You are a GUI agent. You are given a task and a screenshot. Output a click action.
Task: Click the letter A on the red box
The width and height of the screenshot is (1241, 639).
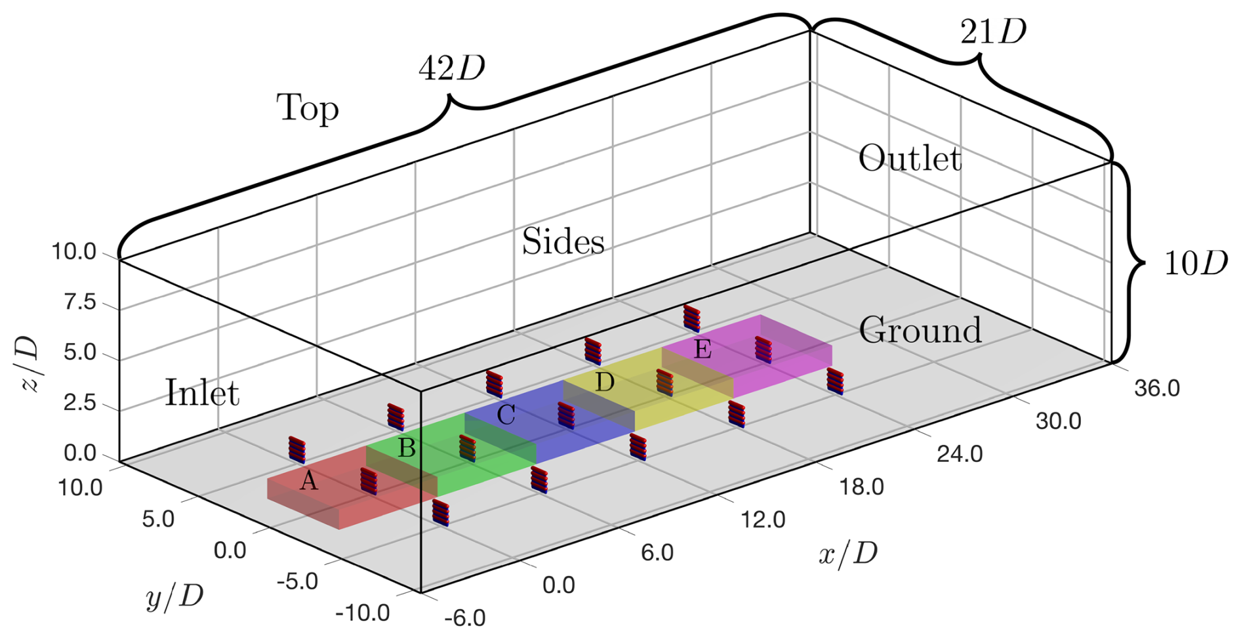point(308,482)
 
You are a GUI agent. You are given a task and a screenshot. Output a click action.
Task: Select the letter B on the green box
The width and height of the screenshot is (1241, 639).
point(407,448)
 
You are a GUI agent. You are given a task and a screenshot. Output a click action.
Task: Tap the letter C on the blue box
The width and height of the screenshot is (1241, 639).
point(506,415)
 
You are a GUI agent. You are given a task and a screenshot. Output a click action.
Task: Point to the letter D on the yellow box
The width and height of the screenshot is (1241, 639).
point(604,382)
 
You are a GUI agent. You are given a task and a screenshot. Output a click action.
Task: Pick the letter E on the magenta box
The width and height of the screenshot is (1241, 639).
point(702,349)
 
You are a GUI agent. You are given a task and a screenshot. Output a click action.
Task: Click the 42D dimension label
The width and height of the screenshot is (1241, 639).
point(452,68)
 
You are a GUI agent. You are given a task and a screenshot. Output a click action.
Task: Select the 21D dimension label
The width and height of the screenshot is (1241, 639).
point(993,31)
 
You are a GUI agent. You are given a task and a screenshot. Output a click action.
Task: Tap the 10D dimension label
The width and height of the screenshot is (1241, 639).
point(1195,264)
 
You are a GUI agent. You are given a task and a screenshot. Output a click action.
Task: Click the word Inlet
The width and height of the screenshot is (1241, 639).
point(202,394)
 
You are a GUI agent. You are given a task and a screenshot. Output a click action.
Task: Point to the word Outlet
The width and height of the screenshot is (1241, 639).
point(910,159)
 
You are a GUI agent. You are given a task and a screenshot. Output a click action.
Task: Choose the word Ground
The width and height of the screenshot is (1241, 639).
point(920,330)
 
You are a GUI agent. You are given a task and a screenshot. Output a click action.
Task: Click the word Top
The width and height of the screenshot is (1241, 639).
point(307,109)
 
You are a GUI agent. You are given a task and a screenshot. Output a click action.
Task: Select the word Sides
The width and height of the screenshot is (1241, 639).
point(563,242)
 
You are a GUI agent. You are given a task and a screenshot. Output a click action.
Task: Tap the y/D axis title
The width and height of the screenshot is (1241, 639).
point(174,597)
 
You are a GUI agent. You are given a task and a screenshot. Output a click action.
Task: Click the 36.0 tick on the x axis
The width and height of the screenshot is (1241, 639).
point(1157,388)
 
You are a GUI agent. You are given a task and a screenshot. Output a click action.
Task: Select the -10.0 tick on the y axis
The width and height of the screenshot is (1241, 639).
point(362,613)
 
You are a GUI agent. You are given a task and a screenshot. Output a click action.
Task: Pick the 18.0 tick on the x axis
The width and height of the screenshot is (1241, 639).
point(861,487)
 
